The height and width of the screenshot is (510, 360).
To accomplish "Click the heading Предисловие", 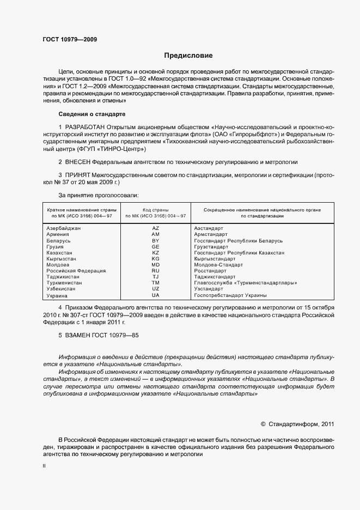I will pos(188,56).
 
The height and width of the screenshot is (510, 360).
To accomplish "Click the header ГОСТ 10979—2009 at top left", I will pos(70,40).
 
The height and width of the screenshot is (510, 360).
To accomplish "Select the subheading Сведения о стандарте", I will pos(92,114).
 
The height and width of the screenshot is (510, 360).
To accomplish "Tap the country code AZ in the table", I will pos(155,228).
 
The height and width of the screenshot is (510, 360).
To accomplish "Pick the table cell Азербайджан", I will pos(64,228).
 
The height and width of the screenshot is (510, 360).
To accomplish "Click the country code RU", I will pos(155,270).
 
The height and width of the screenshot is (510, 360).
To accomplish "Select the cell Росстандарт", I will pos(210,270).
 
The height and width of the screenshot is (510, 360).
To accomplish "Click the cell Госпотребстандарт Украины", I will pos(230,295).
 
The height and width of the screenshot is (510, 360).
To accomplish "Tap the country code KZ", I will pos(155,253).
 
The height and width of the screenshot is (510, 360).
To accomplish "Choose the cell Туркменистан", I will pos(64,283).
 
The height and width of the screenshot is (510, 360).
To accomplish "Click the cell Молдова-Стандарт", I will pos(218,264).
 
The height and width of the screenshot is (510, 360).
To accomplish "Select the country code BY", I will pos(155,240).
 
